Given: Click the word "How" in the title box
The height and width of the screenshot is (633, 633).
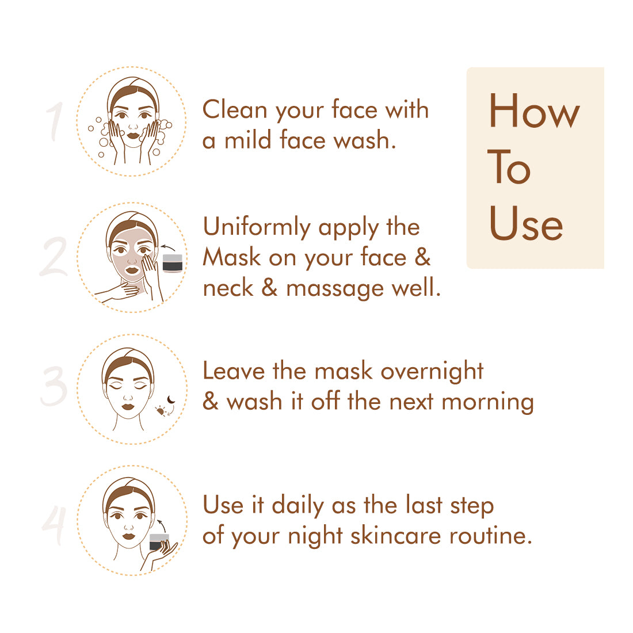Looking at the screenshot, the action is (x=534, y=110).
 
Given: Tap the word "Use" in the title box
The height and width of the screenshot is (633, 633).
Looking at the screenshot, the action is (x=525, y=223).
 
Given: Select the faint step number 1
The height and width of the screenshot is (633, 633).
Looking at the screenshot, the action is (x=55, y=121).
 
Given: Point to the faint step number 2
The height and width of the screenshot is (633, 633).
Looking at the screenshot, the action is (x=54, y=257).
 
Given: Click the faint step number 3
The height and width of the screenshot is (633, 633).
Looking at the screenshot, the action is (x=54, y=386).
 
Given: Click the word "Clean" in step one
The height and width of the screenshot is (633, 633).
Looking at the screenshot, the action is (x=235, y=109).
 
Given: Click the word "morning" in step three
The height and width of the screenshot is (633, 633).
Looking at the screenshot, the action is (x=487, y=403).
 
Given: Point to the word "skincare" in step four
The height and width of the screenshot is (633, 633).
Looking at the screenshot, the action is (x=396, y=536).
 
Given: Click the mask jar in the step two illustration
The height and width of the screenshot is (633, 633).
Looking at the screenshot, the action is (x=173, y=263).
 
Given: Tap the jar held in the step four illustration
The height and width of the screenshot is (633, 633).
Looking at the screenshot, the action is (x=159, y=542).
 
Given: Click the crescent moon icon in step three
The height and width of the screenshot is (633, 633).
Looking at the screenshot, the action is (x=171, y=400).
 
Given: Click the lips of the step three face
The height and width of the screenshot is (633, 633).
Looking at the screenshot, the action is (x=128, y=406).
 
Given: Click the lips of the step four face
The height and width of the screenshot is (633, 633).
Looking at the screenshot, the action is (x=129, y=536).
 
